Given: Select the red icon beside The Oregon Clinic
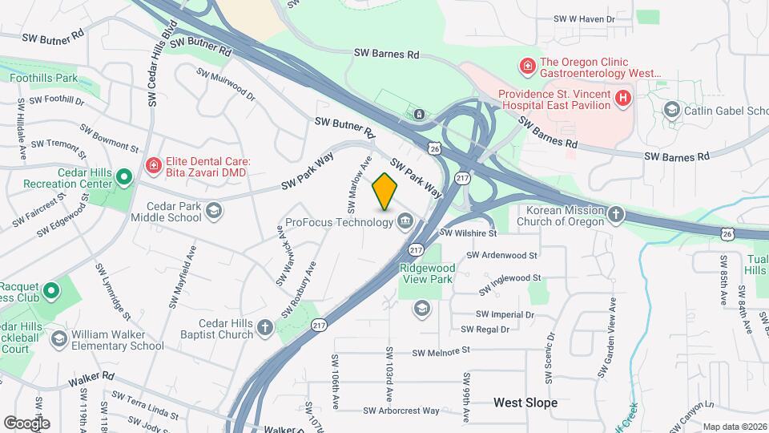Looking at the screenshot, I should click(x=527, y=65).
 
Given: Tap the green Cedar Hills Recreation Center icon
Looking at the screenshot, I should click(x=123, y=177).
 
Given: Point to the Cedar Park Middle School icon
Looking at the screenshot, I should click(x=213, y=211).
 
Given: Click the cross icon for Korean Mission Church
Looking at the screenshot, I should click(x=615, y=214).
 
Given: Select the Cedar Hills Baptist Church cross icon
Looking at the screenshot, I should click(x=264, y=327).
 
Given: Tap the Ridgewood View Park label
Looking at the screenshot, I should click(x=427, y=273).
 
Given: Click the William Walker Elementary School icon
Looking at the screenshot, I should click(x=58, y=339).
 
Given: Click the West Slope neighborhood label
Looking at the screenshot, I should click(x=525, y=402).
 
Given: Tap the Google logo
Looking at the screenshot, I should click(x=26, y=423).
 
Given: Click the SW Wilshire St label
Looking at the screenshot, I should click(x=469, y=233).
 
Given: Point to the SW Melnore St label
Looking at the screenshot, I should click(x=440, y=352).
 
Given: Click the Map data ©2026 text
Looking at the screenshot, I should click(x=734, y=427).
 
